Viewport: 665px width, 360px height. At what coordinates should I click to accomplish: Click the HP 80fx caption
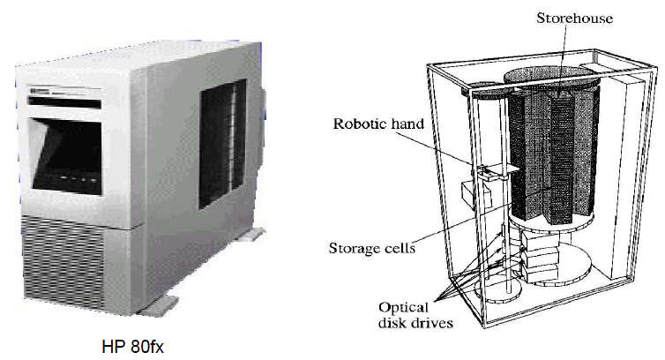coord(131,342)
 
